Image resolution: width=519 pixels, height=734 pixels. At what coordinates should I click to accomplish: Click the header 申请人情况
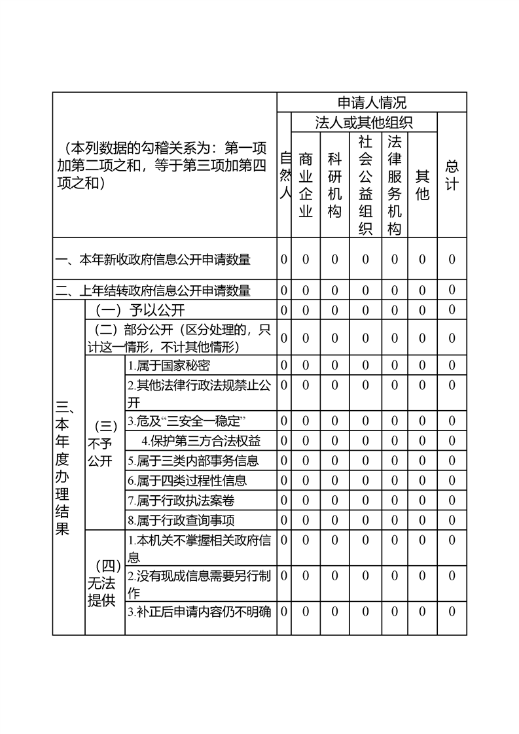pos(371,103)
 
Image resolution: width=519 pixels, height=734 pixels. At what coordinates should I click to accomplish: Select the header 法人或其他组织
pos(364,122)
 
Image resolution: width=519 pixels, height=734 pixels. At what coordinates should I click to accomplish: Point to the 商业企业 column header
pos(306,184)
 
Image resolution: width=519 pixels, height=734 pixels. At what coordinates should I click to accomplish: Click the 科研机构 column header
pos(334,184)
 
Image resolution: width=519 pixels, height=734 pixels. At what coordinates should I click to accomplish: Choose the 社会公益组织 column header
pos(365,184)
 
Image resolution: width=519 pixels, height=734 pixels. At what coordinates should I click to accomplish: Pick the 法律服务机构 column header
pos(394,184)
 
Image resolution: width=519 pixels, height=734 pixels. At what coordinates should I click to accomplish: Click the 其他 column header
pos(422,184)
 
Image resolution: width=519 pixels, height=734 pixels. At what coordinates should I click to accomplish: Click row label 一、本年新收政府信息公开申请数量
pos(153,260)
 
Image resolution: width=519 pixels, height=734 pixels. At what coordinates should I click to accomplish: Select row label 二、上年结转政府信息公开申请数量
pos(153,290)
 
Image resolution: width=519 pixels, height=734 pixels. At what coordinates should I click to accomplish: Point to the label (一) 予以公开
pos(141,310)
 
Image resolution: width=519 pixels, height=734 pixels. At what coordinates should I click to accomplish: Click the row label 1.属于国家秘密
pos(169,365)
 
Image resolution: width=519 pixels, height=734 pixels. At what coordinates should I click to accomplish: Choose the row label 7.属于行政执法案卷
pos(181,501)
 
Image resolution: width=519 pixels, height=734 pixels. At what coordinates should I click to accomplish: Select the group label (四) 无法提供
pos(103,583)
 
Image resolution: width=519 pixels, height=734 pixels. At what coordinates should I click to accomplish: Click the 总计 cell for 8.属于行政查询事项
pos(452,520)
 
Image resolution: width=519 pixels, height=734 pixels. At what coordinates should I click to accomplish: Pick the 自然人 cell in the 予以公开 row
pos(284,310)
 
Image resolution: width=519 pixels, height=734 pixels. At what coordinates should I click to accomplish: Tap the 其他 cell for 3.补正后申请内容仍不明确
pos(422,612)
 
